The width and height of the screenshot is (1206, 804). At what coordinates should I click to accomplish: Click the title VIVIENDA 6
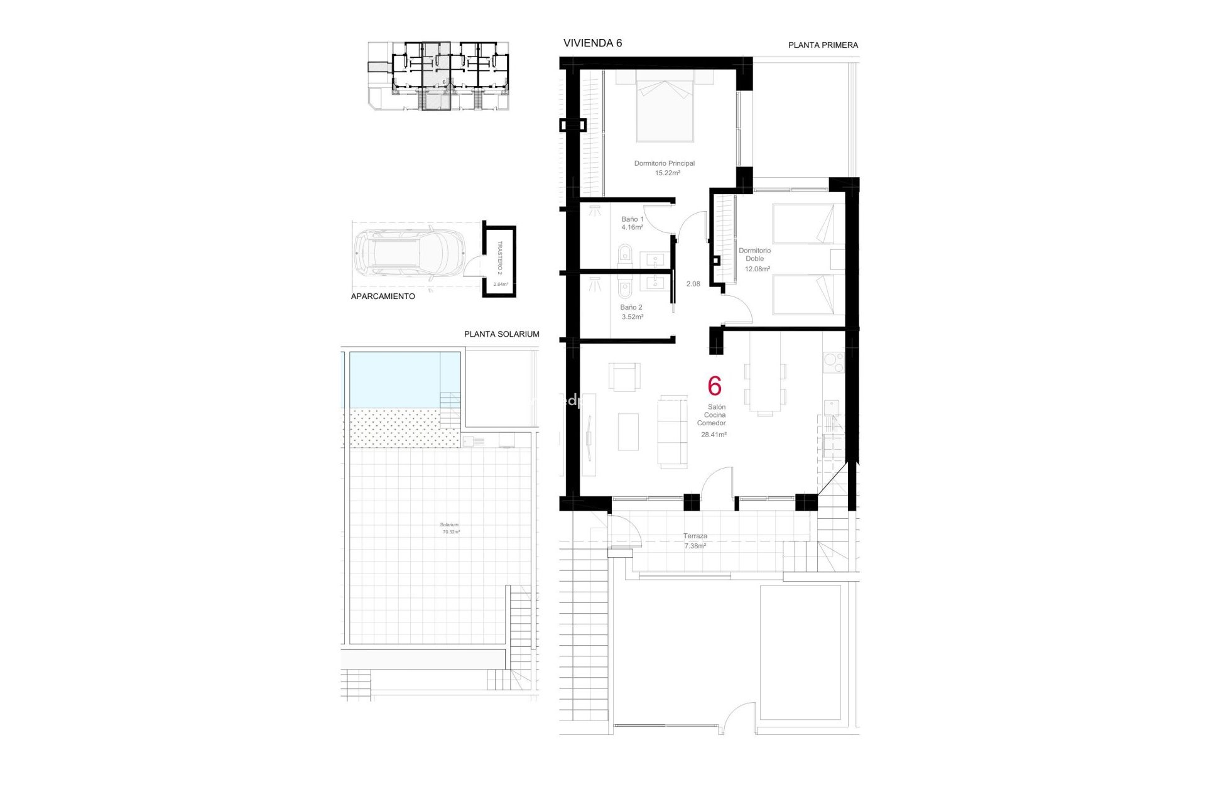[x=592, y=43]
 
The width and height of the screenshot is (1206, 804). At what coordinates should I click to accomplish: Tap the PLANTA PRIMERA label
[x=823, y=45]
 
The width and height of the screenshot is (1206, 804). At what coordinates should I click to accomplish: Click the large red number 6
[x=714, y=386]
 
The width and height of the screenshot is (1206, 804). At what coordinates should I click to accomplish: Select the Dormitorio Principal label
[x=665, y=163]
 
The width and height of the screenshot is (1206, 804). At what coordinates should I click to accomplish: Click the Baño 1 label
[x=633, y=219]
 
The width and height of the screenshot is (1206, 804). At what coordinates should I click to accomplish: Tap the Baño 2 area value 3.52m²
[x=633, y=317]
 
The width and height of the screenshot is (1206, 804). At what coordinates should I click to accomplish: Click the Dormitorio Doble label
[x=754, y=254]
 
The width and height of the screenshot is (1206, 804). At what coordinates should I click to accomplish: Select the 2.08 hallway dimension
[x=693, y=284]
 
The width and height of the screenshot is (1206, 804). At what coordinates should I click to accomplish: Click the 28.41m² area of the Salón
[x=714, y=435]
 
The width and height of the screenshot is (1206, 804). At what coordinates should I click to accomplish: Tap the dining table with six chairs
[x=764, y=381]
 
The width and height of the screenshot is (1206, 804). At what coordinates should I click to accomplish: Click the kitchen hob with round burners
[x=834, y=362]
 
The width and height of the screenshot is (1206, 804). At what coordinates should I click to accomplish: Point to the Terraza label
[x=695, y=536]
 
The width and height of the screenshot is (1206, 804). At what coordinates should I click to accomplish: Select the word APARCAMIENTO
[x=383, y=296]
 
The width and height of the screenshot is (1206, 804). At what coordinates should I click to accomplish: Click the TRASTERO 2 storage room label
[x=500, y=258]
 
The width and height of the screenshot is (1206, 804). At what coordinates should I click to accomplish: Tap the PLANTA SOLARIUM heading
[x=501, y=334]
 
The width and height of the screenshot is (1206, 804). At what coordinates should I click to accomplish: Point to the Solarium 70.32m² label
[x=450, y=528]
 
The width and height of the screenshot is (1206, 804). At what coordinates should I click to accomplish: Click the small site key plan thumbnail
[x=438, y=77]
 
